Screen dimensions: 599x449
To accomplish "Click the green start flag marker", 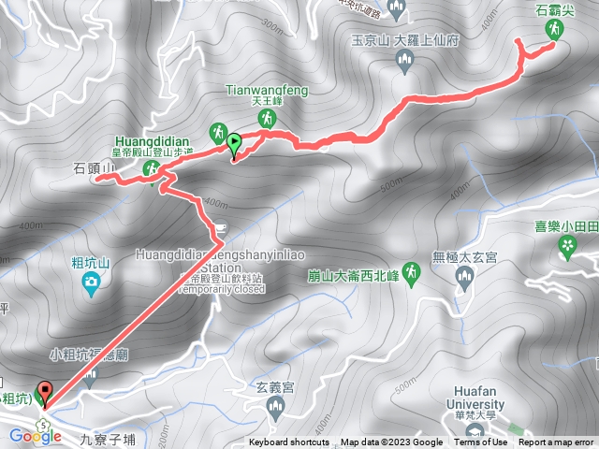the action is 233,144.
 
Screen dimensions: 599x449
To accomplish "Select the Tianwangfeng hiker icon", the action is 268,119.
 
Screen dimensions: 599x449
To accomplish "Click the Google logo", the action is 36,436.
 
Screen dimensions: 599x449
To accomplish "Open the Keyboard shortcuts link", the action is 289,442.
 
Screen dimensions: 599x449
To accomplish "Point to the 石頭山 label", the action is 94,168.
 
